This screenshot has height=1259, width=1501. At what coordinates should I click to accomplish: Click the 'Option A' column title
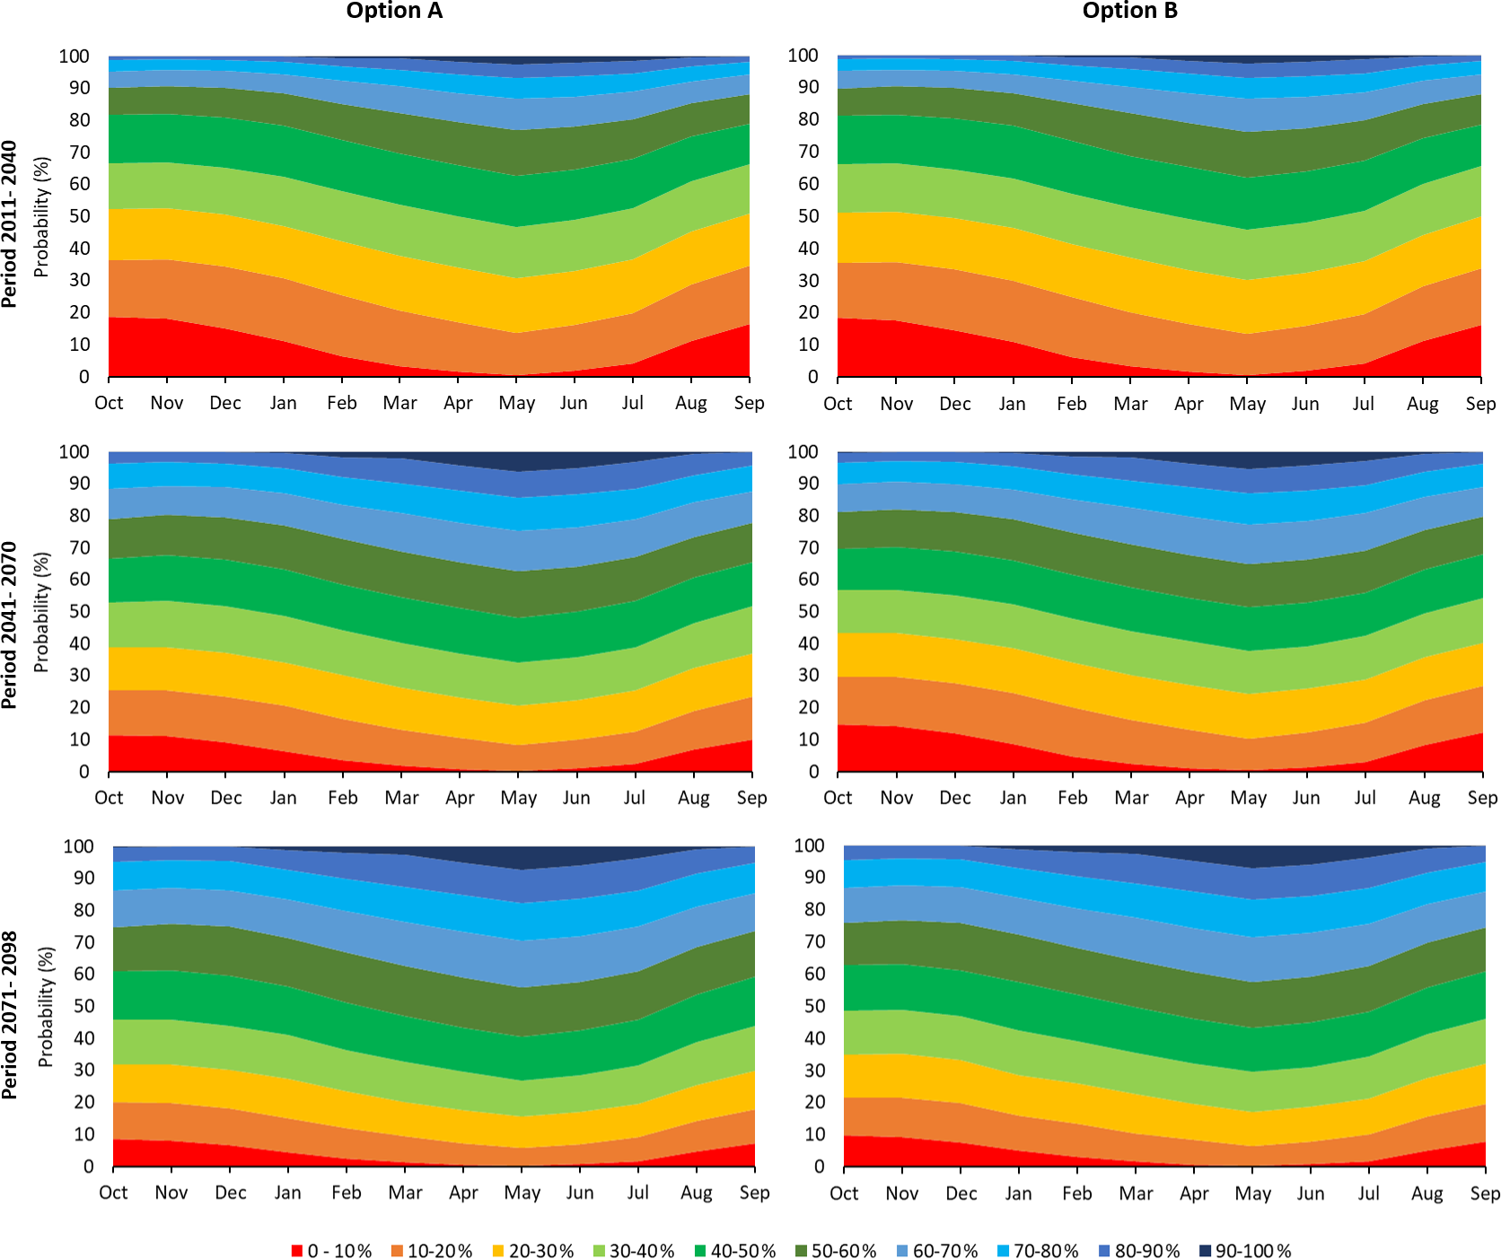[394, 11]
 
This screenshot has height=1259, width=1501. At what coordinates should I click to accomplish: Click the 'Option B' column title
[1129, 11]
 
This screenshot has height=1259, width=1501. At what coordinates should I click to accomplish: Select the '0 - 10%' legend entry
[331, 1250]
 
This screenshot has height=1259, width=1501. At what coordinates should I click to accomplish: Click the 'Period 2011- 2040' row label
[10, 223]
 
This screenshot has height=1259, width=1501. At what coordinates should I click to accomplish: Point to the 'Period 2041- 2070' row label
[10, 625]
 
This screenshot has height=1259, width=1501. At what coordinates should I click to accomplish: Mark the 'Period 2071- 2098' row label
[10, 1015]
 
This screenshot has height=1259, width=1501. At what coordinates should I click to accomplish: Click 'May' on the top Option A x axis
[517, 403]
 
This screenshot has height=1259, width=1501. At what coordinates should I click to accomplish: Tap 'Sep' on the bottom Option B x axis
[1484, 1193]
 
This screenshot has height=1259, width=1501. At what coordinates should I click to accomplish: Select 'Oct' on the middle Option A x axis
[109, 798]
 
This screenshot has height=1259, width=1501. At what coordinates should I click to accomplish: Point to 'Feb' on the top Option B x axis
[1071, 404]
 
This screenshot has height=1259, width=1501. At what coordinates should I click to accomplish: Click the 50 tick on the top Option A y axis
[80, 216]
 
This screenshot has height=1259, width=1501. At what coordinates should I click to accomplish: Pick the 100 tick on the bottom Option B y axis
[809, 845]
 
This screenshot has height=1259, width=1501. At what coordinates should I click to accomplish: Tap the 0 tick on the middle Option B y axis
[813, 772]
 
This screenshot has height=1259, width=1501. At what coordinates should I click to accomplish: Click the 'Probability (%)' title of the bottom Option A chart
[46, 1007]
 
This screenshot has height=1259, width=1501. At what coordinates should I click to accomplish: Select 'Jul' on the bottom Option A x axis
[637, 1193]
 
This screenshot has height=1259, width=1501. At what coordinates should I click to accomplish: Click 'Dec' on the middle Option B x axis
[954, 798]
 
